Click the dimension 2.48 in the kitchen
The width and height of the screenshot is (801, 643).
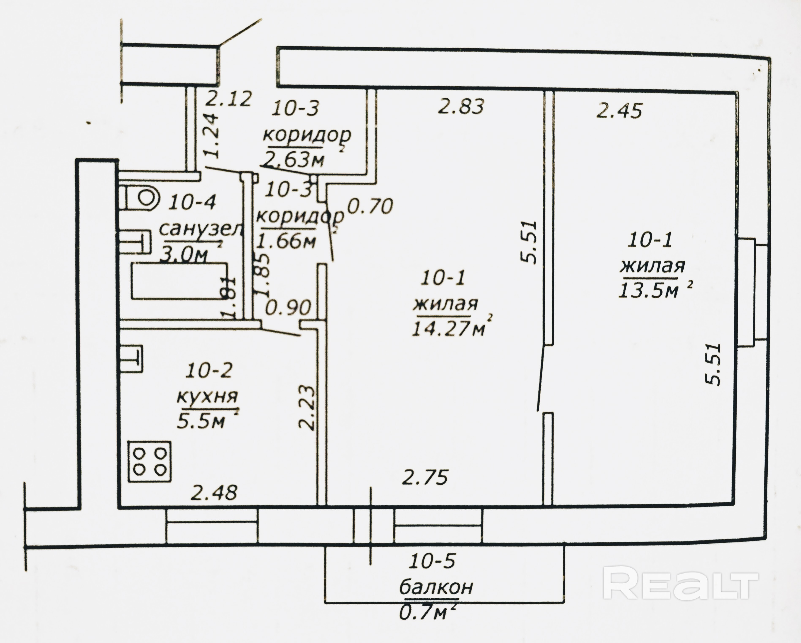pyautogui.click(x=214, y=493)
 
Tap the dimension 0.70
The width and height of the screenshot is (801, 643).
pyautogui.click(x=369, y=206)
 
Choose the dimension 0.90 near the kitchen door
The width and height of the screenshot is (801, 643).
pyautogui.click(x=288, y=308)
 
